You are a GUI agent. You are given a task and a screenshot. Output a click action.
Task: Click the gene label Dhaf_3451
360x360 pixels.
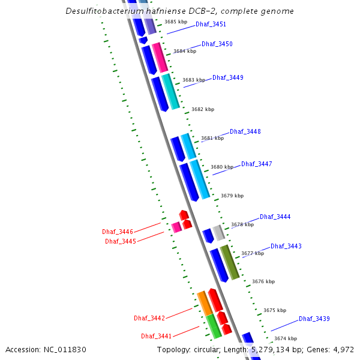[x=211, y=25]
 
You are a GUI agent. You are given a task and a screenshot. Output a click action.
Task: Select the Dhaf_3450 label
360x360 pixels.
[x=217, y=44]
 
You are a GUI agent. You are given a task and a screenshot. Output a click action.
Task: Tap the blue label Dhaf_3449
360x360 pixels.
[x=228, y=77]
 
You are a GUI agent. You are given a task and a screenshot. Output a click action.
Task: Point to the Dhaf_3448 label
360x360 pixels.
[x=245, y=131]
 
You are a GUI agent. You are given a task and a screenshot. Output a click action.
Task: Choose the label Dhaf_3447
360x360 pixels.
[x=257, y=164]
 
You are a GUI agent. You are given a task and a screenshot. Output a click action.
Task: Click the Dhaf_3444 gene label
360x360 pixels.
[x=275, y=217]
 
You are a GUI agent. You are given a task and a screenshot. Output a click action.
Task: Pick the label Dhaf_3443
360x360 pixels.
[x=286, y=246]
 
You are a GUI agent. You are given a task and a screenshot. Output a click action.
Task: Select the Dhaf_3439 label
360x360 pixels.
[x=314, y=319]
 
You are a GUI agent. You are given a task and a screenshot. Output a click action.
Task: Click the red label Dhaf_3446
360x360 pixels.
[x=118, y=232]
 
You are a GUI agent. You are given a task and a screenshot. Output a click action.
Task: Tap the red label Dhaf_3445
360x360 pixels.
[x=121, y=241]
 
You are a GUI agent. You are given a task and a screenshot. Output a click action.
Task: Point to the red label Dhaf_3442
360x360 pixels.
[x=149, y=318]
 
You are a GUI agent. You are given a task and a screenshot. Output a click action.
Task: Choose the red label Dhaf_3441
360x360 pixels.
[x=157, y=336]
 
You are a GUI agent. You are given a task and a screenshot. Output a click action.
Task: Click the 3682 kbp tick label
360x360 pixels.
[x=203, y=110]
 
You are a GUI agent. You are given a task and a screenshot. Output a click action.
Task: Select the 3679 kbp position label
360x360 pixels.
[x=232, y=196]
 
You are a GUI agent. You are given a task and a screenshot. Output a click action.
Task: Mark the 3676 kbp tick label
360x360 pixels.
[x=263, y=281]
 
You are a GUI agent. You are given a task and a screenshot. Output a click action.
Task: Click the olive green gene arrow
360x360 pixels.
[x=230, y=262]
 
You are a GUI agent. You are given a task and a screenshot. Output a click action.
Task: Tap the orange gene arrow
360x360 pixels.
[x=205, y=304]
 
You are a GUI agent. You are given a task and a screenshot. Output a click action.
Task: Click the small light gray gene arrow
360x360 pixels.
[x=219, y=233]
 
